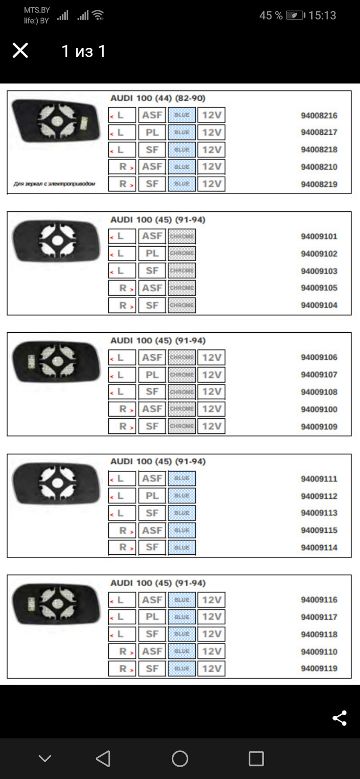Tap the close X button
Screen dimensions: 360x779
(20, 51)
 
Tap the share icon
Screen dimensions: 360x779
(339, 718)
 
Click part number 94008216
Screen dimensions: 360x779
(319, 116)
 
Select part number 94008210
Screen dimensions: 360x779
(319, 167)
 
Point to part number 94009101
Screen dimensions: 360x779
(319, 237)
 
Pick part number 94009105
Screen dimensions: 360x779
(319, 288)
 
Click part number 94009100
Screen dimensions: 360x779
(319, 409)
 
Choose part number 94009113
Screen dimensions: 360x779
(319, 513)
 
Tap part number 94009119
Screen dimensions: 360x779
(319, 668)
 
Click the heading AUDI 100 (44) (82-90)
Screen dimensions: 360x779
(158, 98)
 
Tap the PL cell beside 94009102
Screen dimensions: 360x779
(152, 254)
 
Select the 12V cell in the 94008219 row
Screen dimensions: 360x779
(211, 184)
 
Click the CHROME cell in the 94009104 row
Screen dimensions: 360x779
(182, 305)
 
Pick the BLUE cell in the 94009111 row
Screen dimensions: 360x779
(182, 478)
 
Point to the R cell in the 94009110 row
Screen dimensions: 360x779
(122, 651)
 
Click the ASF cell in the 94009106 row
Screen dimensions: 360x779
(152, 357)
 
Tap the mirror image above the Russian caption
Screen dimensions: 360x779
(56, 121)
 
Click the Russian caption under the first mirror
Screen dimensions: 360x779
(54, 184)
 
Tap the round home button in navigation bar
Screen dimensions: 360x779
(180, 758)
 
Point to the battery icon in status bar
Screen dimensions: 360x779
(295, 15)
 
